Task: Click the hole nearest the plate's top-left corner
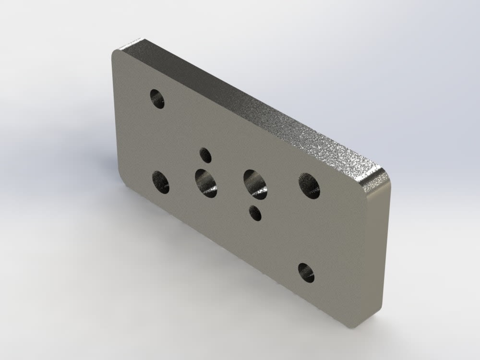157,99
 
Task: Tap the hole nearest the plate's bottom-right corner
306,273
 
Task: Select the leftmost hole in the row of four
161,182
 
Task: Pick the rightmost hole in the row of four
309,186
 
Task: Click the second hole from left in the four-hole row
206,183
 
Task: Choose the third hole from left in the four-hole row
255,184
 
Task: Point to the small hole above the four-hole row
205,155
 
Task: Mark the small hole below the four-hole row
255,213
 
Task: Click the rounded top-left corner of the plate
116,54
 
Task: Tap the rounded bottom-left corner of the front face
124,182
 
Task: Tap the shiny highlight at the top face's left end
134,46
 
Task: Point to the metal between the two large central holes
230,184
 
